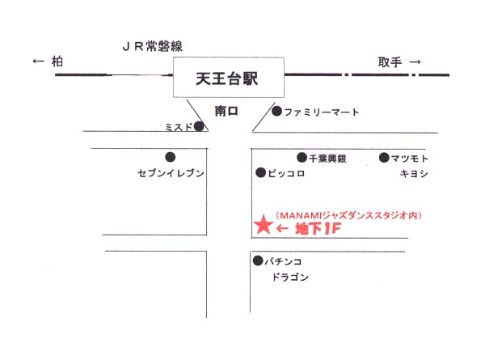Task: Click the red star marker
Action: coord(264,225)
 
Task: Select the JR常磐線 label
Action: coord(153,46)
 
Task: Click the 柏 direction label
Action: coord(57,61)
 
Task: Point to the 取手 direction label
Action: coord(390,62)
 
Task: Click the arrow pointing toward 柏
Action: coord(38,61)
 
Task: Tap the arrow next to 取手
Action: coord(415,62)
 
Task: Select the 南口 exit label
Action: coord(226,111)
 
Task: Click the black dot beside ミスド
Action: coord(199,126)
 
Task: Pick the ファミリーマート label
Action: coord(322,112)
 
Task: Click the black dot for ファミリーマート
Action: coord(276,111)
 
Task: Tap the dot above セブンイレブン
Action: coord(170,157)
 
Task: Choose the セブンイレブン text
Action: coord(171,173)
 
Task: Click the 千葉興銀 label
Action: coord(327,159)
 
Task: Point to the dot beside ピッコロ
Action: coord(261,173)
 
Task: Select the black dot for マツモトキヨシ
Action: coord(384,158)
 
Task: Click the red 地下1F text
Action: coord(318,229)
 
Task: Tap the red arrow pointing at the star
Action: coord(282,229)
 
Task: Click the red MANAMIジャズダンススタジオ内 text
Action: coord(348,215)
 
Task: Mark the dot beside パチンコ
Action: coord(258,261)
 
